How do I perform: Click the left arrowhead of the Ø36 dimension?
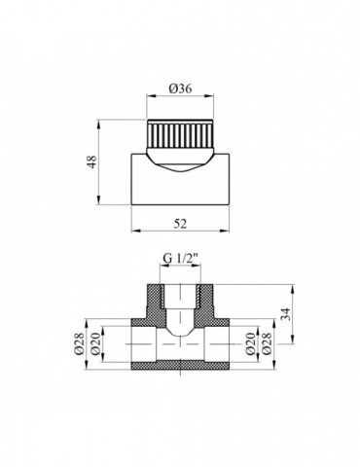point(150,96)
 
